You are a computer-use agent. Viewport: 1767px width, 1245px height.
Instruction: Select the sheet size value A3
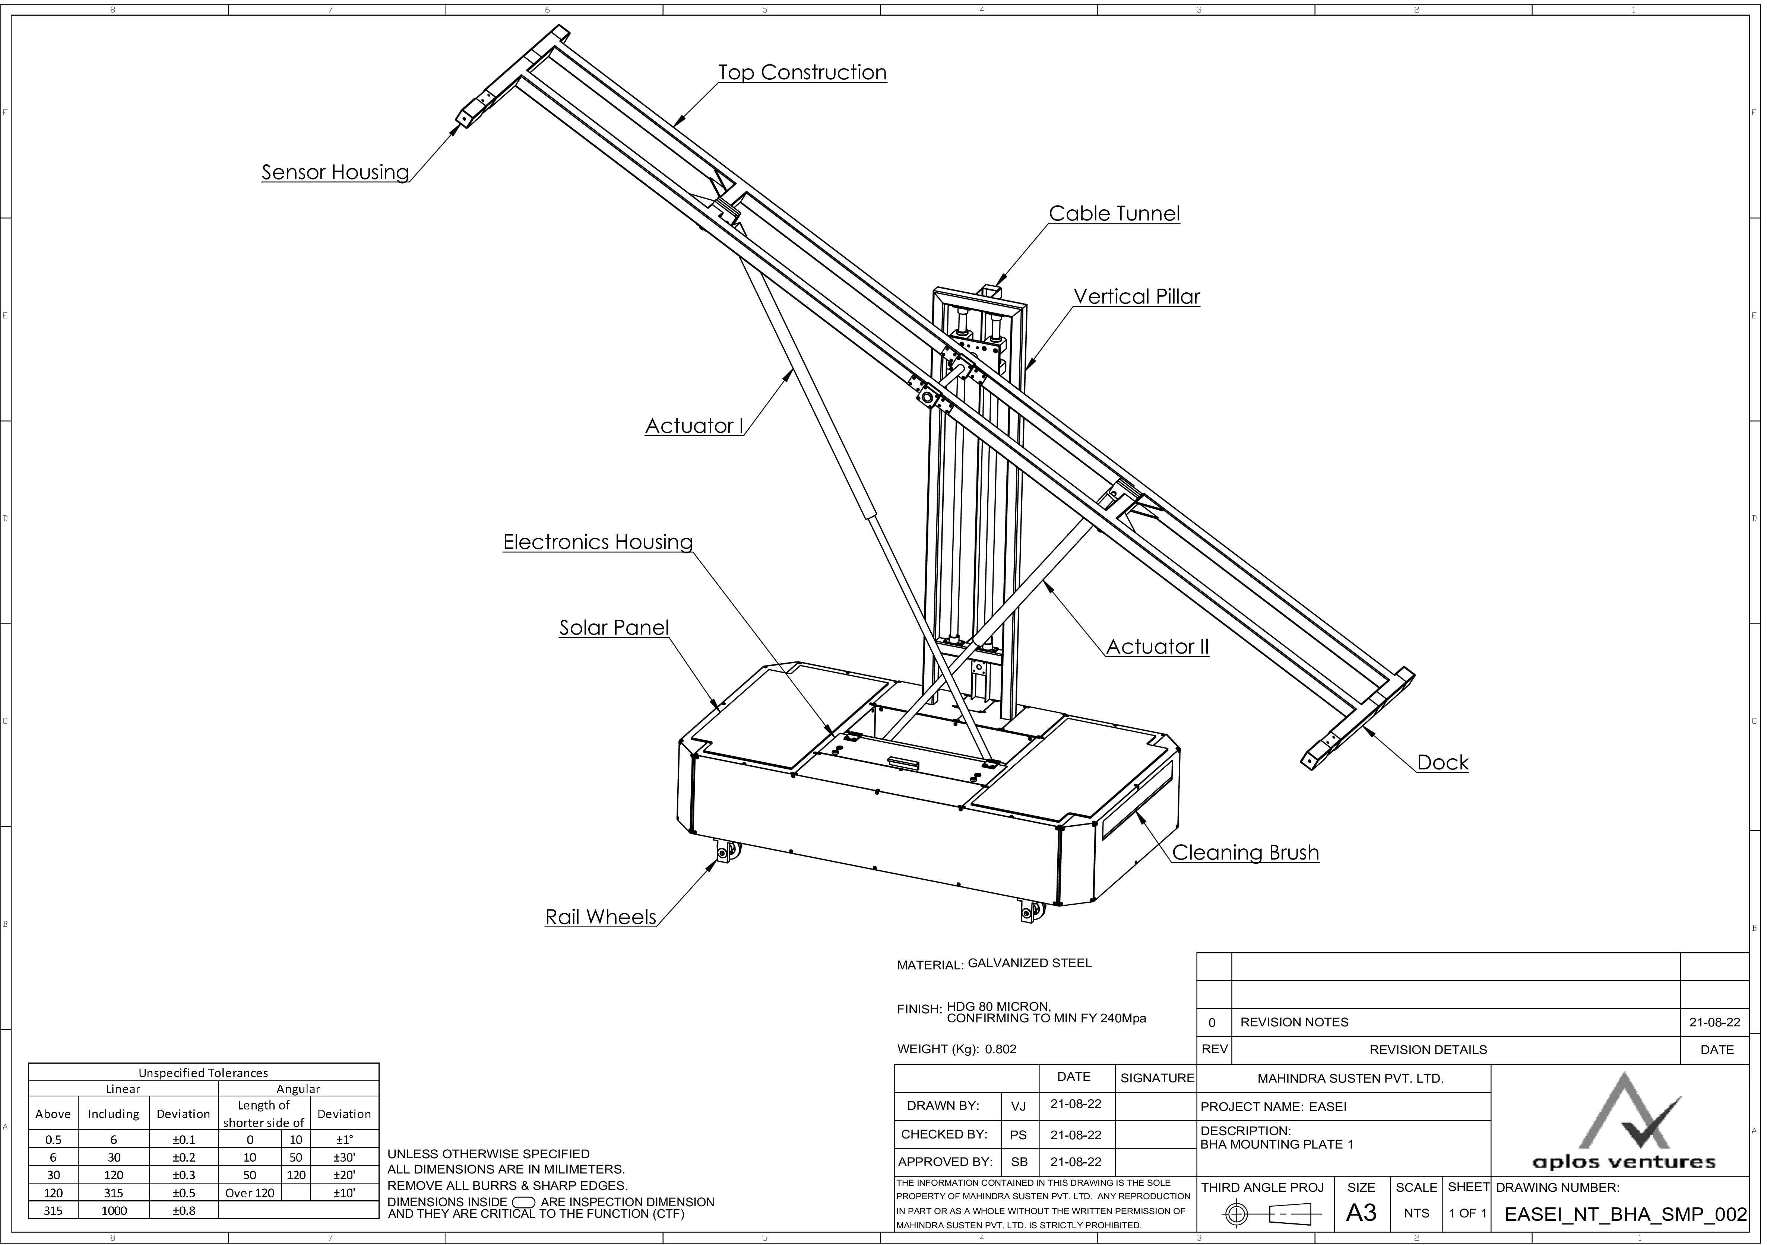(x=1361, y=1213)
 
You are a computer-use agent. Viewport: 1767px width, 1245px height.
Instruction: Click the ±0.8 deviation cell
(x=183, y=1210)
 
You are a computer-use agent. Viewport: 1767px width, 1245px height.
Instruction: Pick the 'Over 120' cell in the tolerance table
(x=249, y=1193)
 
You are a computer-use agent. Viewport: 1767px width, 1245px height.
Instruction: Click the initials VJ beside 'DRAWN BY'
(x=1018, y=1106)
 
